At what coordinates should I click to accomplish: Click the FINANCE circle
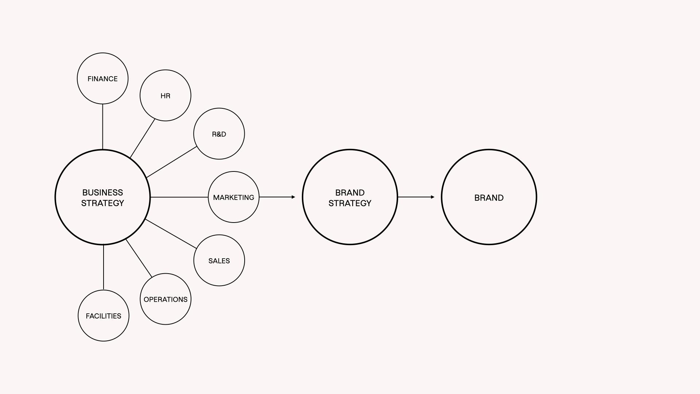[102, 78]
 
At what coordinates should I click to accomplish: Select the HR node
[165, 96]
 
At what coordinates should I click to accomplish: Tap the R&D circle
[219, 134]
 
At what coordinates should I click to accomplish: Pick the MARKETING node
[233, 197]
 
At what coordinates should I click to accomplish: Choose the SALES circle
[219, 260]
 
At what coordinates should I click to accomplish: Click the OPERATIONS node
[165, 299]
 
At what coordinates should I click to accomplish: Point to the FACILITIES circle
[103, 316]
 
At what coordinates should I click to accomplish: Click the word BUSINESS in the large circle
[102, 192]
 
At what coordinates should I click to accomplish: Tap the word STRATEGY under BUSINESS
[102, 203]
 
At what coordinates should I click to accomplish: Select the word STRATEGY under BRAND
[350, 203]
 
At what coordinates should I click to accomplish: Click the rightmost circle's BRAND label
[489, 198]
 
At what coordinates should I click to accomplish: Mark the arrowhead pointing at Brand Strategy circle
[293, 197]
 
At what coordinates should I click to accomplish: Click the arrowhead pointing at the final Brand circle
[432, 197]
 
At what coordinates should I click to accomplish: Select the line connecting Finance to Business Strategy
[102, 127]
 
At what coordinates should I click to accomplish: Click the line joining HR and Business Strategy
[143, 138]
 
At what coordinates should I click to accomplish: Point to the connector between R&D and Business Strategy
[171, 162]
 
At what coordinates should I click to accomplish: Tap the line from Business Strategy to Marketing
[179, 197]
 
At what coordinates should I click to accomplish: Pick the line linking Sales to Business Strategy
[171, 234]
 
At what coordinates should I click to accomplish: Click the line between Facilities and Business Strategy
[104, 267]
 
